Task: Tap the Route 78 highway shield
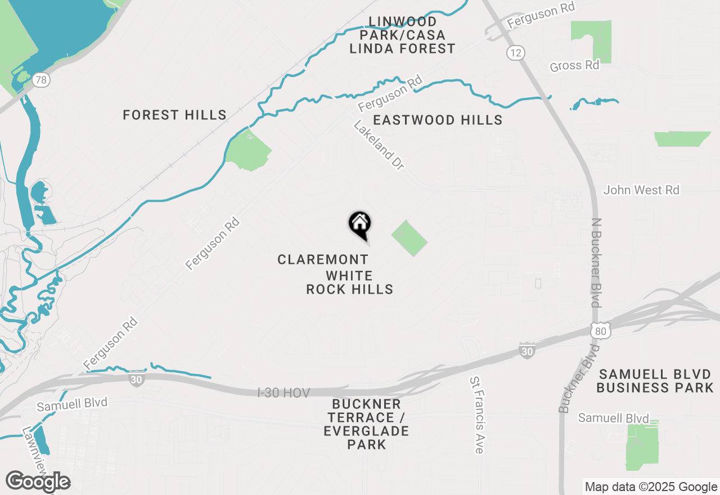[40, 80]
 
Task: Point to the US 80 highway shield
[601, 331]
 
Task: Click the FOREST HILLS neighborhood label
[174, 115]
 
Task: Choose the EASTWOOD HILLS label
[438, 120]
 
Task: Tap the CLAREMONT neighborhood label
[323, 259]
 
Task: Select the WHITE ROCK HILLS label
[349, 283]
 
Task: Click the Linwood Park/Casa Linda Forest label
[402, 35]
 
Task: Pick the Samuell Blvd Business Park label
[655, 381]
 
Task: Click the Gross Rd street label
[574, 66]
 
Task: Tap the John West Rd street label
[641, 190]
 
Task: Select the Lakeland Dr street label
[379, 145]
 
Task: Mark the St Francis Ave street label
[476, 415]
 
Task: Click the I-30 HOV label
[283, 393]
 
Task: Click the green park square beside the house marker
[409, 238]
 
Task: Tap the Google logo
[38, 482]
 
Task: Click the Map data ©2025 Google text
[651, 487]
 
